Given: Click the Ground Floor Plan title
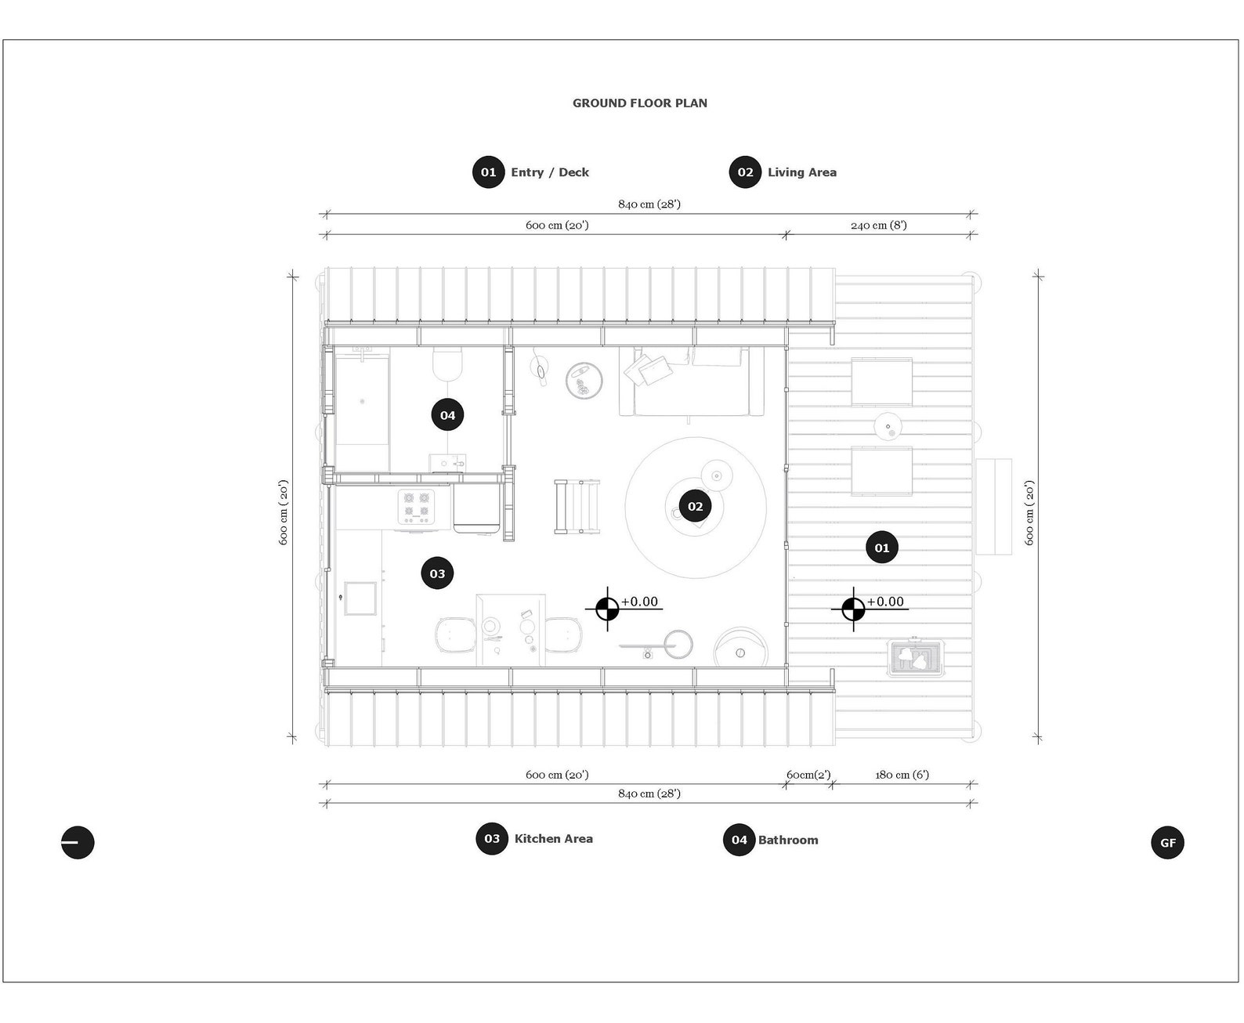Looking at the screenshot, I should coord(639,103).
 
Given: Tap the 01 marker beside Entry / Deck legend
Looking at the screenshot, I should coord(488,172).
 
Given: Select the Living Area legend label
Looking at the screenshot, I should coord(801,172).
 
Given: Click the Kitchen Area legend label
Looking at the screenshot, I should coord(553,838).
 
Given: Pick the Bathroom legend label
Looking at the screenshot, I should coord(787,840).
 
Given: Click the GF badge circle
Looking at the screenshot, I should coord(1167,843).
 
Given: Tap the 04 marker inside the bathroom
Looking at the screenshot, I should coord(447,415).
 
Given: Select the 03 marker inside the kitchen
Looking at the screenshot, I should coord(437,573).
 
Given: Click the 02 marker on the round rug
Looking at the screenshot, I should coord(696,507).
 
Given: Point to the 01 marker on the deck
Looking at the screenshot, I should coord(882,548).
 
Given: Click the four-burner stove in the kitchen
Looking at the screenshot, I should coord(416,506).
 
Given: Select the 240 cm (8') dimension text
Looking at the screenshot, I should coord(878,225).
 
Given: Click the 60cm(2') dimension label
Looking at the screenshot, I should coord(808,775).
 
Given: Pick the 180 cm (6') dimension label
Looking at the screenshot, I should coord(902,775).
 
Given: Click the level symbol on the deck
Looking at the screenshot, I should coord(853,609).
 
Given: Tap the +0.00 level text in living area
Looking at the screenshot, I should coord(639,602).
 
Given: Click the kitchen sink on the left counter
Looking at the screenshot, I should coord(360,598).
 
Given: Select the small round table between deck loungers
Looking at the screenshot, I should coord(888,426).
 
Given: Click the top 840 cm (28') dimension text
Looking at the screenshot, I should coord(649,204).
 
